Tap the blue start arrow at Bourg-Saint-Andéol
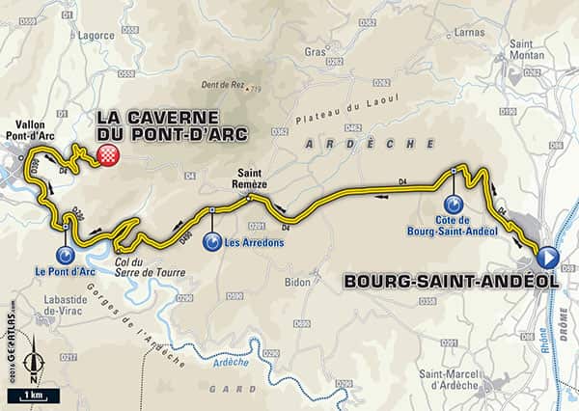pos(547,257)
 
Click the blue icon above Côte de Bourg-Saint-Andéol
pos(454,205)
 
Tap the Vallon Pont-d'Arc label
pos(35,133)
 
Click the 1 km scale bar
pos(33,395)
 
